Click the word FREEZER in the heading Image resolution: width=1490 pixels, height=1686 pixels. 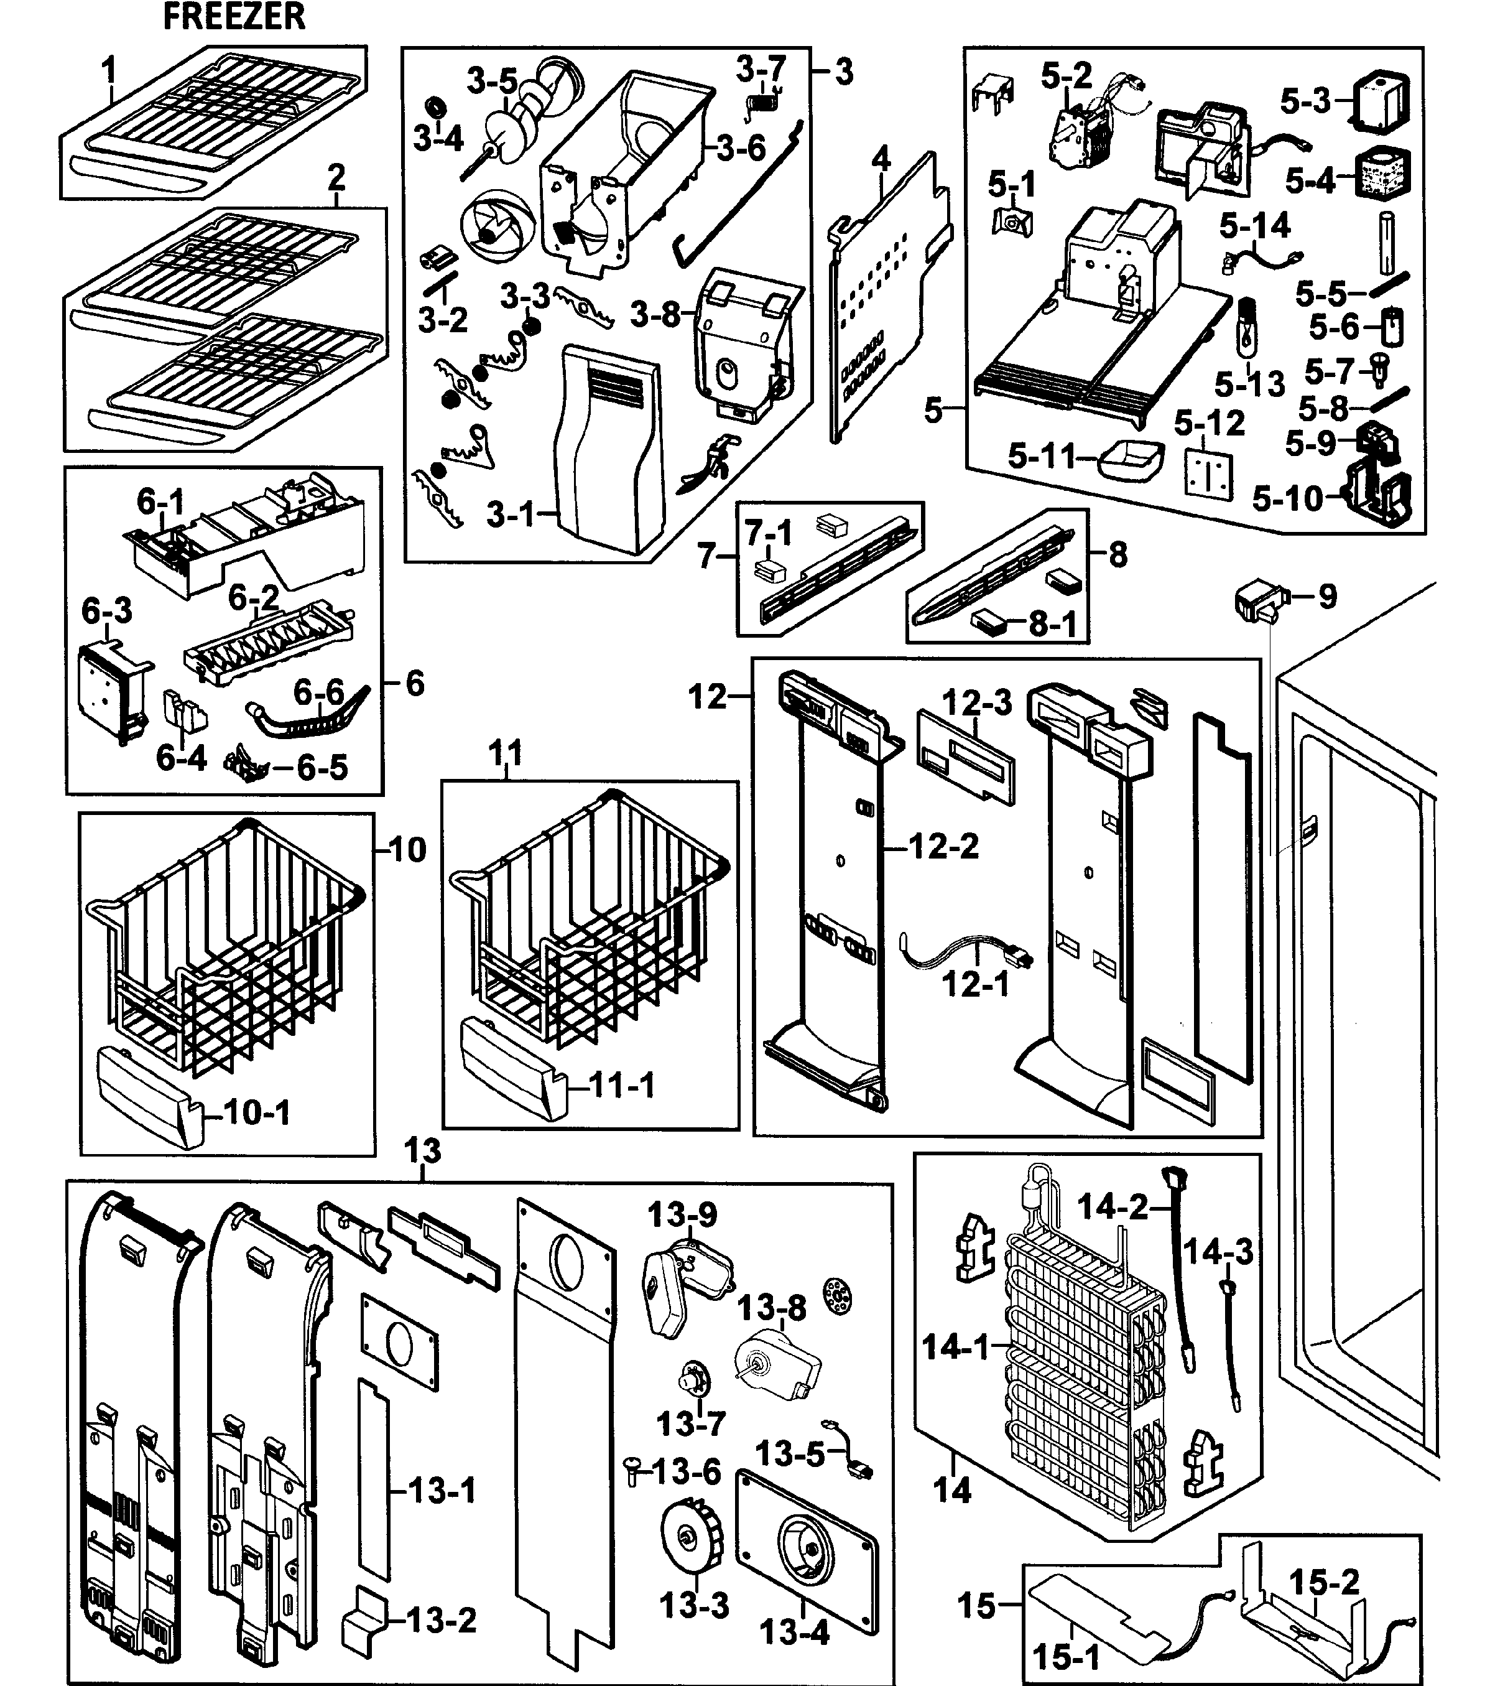click(234, 17)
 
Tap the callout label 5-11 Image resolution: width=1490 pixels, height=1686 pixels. click(1042, 456)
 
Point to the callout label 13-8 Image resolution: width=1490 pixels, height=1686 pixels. click(771, 1307)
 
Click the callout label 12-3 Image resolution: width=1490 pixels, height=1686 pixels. click(976, 703)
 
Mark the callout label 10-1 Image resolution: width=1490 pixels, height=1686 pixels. click(257, 1113)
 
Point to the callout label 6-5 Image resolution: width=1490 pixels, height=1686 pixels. click(322, 768)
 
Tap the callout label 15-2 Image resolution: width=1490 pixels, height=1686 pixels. click(1323, 1582)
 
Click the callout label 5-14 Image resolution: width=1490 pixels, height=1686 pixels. click(1255, 225)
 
